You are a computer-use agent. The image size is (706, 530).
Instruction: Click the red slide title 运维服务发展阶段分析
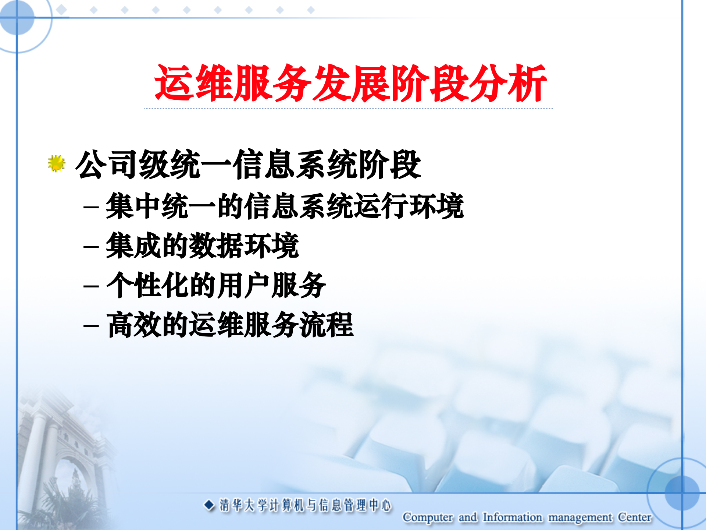pos(350,83)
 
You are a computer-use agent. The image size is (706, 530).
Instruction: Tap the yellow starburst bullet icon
pos(56,163)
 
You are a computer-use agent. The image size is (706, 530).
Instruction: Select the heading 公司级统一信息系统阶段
pos(248,165)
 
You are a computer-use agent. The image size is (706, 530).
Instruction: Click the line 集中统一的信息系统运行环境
pos(285,206)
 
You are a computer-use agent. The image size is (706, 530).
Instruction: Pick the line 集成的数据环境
pos(202,245)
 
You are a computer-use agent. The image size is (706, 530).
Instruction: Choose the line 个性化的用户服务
pos(216,285)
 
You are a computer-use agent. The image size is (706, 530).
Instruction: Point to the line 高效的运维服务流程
pos(230,325)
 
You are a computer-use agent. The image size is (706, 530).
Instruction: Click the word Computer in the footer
pos(428,517)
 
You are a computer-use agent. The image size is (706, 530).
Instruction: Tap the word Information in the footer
pos(512,517)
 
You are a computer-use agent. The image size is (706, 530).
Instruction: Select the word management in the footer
pos(580,517)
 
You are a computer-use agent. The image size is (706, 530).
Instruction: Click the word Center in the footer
pos(634,517)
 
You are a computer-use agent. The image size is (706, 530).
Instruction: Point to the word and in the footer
pos(468,517)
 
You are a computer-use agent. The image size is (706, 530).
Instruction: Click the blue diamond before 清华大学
pos(209,505)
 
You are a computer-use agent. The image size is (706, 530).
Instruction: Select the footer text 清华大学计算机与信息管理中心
pos(305,505)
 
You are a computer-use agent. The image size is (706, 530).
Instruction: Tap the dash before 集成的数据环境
pos(91,246)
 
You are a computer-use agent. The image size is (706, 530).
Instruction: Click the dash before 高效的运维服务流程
pos(91,325)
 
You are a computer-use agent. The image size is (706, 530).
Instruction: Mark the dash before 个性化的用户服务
pos(91,286)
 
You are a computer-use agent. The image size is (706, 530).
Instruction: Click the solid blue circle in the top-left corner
pos(17,17)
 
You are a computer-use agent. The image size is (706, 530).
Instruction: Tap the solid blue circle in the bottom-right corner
pos(682,493)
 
